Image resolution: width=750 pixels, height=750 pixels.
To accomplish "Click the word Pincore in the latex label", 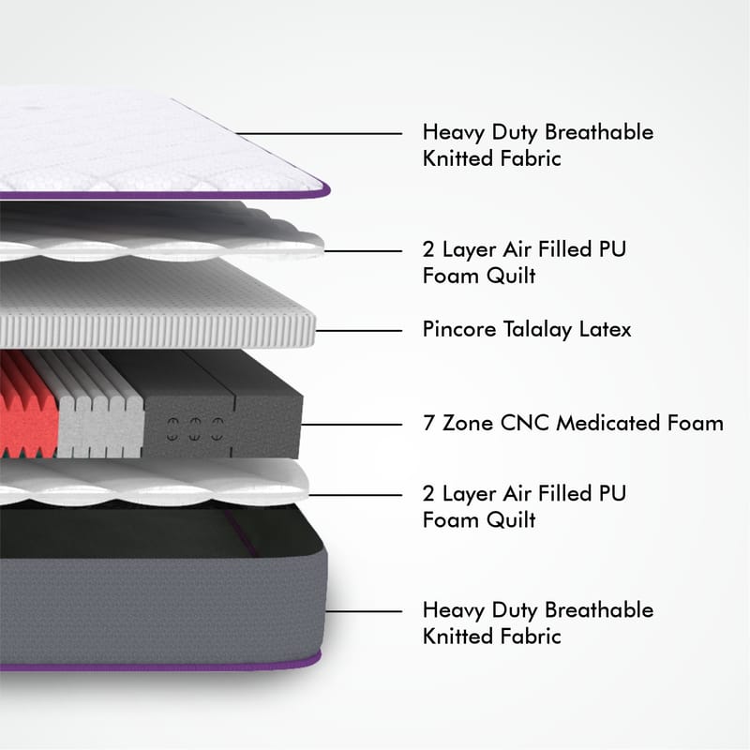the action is coord(459,329).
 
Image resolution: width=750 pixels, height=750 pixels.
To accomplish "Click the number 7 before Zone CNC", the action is coord(429,424).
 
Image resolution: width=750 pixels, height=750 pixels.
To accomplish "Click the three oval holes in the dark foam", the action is coord(195,428).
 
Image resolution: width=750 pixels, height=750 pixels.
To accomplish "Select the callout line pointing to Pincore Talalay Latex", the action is coord(359,331).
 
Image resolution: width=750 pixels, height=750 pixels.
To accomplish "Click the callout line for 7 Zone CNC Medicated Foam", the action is coord(352,425).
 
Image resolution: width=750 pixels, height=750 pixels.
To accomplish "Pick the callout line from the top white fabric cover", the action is coord(319,133).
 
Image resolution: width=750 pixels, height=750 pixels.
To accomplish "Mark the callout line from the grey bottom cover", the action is coord(364,611).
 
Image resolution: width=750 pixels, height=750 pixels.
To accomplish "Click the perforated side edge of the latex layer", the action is coord(157,331).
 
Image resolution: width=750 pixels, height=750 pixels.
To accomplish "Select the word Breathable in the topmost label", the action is coord(599,132).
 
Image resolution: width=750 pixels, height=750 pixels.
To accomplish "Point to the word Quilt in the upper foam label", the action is coord(511,277).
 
